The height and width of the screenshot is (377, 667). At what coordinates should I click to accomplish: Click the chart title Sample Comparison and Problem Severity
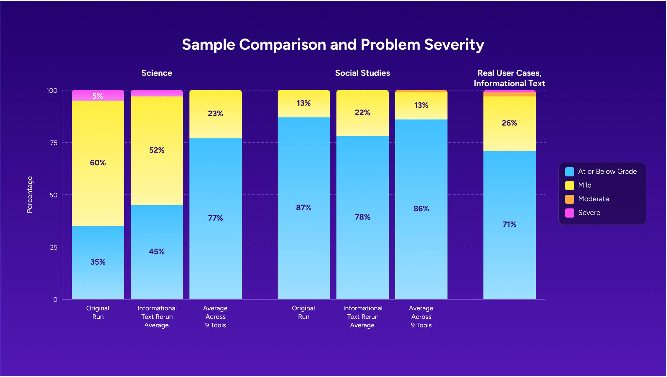[x=333, y=45]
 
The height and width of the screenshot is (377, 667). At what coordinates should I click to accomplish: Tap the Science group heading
[x=156, y=73]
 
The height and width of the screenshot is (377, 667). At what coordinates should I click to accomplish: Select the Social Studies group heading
[x=362, y=73]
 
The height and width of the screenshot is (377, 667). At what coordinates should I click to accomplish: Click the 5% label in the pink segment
[x=98, y=96]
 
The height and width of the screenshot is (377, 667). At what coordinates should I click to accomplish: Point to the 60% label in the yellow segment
[x=98, y=163]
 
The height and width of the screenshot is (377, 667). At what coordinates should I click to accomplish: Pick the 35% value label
[x=98, y=262]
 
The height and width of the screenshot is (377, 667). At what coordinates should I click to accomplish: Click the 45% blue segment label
[x=156, y=252]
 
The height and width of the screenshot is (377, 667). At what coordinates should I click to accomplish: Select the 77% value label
[x=215, y=218]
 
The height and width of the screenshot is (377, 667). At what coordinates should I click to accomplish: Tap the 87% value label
[x=303, y=208]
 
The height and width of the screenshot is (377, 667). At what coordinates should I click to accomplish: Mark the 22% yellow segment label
[x=362, y=113]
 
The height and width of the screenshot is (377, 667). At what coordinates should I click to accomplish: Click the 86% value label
[x=421, y=209]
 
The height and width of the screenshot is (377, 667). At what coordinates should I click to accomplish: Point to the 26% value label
[x=509, y=123]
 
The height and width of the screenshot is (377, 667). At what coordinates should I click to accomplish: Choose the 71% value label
[x=509, y=224]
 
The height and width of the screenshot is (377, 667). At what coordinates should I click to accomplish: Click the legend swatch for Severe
[x=569, y=213]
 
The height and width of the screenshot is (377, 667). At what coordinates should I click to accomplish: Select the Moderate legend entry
[x=593, y=199]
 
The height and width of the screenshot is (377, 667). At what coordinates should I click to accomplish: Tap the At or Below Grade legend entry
[x=607, y=172]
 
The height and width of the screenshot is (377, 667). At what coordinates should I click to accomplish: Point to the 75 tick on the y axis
[x=54, y=143]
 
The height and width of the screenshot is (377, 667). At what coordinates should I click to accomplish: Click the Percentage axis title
[x=30, y=195]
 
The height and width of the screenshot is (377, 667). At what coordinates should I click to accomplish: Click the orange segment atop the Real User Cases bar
[x=509, y=94]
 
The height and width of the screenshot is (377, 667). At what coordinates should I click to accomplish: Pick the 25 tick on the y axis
[x=54, y=247]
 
